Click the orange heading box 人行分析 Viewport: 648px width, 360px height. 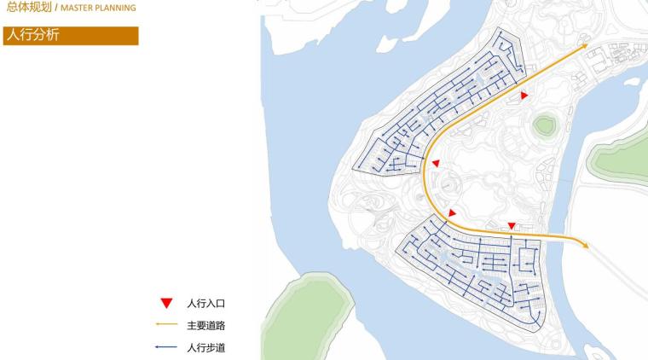tap(70, 36)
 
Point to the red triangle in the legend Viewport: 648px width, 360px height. tap(166, 303)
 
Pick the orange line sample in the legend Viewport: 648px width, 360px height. tap(166, 325)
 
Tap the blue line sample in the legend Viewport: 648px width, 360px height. tap(166, 347)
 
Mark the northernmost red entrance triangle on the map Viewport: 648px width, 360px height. tap(525, 96)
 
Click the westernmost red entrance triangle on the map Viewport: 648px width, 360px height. tap(436, 163)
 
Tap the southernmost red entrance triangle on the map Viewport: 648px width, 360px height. tap(512, 226)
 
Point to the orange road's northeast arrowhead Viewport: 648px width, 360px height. tap(584, 45)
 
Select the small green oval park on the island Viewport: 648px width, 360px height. tap(545, 126)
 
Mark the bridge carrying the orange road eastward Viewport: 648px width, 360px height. tap(563, 240)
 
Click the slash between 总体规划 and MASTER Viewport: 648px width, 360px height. tap(56, 8)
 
